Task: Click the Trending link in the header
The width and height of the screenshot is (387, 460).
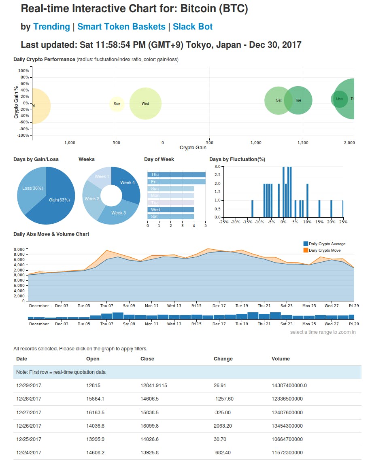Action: tap(51, 27)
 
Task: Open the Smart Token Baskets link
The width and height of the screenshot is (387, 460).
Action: tap(121, 27)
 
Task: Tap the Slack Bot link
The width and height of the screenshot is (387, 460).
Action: tap(193, 27)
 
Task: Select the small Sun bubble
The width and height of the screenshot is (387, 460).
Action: tap(117, 104)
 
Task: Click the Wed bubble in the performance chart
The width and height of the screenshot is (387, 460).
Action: tap(145, 104)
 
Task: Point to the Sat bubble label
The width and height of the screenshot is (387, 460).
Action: tap(279, 100)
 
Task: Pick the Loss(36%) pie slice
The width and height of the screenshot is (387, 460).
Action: tap(32, 188)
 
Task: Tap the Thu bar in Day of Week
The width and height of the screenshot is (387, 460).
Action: tap(176, 174)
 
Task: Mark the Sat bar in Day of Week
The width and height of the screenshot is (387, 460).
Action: tap(170, 217)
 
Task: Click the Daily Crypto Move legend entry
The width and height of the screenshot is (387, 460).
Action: tap(324, 250)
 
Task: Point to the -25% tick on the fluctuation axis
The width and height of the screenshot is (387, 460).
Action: tap(223, 222)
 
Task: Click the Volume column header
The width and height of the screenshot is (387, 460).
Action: tap(281, 359)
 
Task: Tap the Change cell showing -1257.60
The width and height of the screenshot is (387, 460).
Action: tap(223, 399)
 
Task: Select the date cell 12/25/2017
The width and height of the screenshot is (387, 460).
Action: tap(29, 439)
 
